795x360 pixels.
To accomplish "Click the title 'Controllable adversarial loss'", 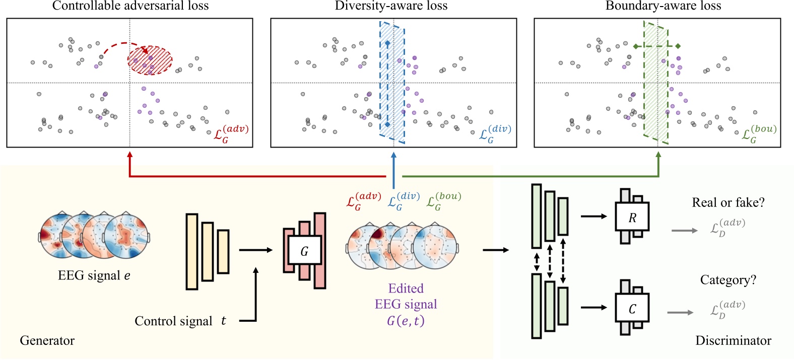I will (x=130, y=6).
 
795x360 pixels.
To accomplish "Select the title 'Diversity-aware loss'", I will (x=391, y=6).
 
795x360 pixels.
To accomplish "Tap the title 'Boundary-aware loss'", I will (x=663, y=6).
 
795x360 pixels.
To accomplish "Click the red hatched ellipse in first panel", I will (x=150, y=60).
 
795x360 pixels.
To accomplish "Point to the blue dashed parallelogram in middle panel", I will (x=392, y=83).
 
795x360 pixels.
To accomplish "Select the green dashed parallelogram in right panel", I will (x=656, y=83).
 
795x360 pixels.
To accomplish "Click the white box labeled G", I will (x=304, y=250).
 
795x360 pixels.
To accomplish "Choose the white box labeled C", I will (x=632, y=308).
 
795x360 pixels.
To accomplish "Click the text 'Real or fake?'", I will (x=728, y=202).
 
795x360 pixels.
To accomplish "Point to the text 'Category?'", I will (x=728, y=280).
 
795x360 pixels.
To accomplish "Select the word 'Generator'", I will (x=47, y=341).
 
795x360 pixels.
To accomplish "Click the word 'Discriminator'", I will (x=733, y=341).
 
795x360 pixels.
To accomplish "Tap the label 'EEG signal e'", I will (x=94, y=276).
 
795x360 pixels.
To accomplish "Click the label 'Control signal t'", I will (x=180, y=321).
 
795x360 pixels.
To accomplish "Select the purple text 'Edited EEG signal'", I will (x=406, y=297).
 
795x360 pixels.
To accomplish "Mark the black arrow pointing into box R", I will (x=595, y=217).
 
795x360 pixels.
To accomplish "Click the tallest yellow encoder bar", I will (x=191, y=252).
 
